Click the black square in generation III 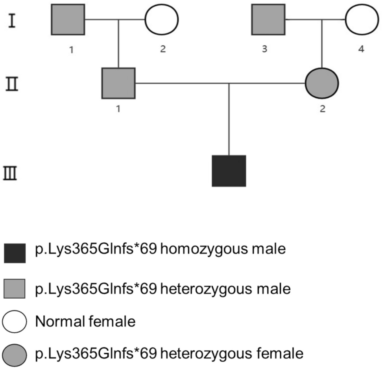pyautogui.click(x=229, y=171)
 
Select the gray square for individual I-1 pyautogui.click(x=68, y=19)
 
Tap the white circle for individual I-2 pyautogui.click(x=162, y=19)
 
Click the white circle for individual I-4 pyautogui.click(x=362, y=19)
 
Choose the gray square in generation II pyautogui.click(x=118, y=83)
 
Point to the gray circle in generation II pyautogui.click(x=322, y=83)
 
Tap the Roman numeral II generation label pyautogui.click(x=12, y=84)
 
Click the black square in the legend pyautogui.click(x=15, y=253)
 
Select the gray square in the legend pyautogui.click(x=15, y=289)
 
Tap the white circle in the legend pyautogui.click(x=15, y=322)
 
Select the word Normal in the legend pyautogui.click(x=57, y=322)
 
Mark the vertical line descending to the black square pyautogui.click(x=229, y=118)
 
